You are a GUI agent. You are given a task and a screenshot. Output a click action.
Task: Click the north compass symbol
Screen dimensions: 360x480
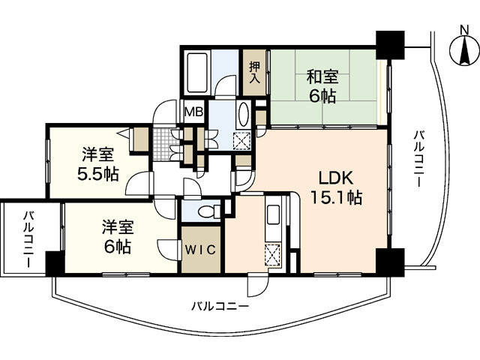(x=462, y=49)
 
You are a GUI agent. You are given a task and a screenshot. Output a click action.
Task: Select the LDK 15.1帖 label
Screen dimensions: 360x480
(x=336, y=188)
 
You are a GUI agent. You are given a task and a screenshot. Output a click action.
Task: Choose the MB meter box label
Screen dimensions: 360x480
(x=193, y=112)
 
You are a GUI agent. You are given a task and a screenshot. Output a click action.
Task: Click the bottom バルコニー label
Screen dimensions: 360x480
(x=218, y=305)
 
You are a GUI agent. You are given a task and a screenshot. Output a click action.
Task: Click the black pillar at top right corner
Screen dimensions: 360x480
(x=389, y=44)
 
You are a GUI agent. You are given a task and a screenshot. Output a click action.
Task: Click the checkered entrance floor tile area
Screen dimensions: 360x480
(x=163, y=139)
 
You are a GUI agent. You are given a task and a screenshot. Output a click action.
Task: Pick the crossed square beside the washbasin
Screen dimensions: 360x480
(x=242, y=140)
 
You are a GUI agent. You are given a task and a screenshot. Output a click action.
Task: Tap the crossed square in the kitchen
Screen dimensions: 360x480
(x=274, y=253)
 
